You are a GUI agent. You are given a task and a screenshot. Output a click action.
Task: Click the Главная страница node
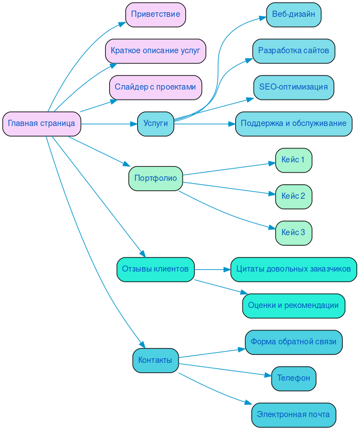click(x=41, y=124)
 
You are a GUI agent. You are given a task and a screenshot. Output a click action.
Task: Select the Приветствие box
click(x=156, y=15)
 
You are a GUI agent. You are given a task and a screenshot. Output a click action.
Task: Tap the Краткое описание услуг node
click(x=155, y=51)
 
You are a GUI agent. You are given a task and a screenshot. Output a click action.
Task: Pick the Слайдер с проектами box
click(x=155, y=87)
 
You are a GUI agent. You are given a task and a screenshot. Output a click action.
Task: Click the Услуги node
click(x=155, y=124)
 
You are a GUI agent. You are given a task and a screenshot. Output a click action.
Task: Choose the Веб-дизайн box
click(x=293, y=15)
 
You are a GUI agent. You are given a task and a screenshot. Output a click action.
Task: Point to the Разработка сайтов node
click(x=293, y=51)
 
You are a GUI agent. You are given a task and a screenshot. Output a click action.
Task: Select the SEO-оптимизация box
click(x=293, y=87)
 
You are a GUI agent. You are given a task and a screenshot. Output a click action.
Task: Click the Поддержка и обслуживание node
click(x=293, y=124)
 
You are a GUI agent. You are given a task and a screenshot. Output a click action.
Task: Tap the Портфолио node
click(x=155, y=179)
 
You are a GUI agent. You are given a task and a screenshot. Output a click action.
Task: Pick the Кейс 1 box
click(x=293, y=160)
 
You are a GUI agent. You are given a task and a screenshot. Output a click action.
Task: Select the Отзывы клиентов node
click(x=155, y=269)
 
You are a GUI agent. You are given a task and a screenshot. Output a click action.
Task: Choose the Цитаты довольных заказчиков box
click(x=293, y=269)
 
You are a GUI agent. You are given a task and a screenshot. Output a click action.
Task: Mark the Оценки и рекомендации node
click(x=293, y=306)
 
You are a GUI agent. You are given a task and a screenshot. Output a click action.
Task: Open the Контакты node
click(x=155, y=361)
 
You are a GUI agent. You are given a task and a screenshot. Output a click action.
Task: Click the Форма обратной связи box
click(x=293, y=342)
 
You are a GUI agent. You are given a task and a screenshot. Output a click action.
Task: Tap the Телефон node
click(x=293, y=378)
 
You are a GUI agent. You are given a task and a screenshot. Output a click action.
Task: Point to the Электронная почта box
click(x=293, y=415)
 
